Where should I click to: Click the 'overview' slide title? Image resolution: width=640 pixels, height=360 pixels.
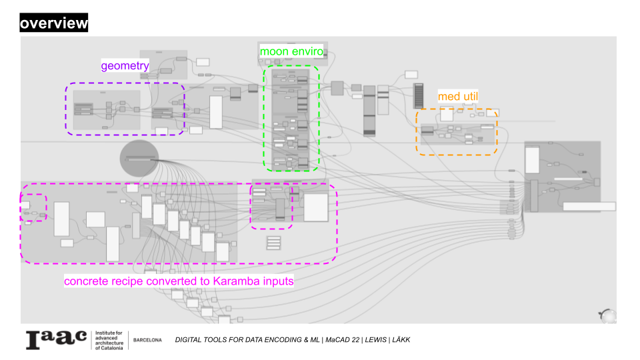tap(53, 24)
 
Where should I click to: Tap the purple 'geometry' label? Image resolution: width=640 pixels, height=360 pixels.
tap(125, 65)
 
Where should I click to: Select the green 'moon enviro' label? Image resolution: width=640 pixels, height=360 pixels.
tap(291, 51)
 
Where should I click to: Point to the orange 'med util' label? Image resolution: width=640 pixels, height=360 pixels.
tap(458, 97)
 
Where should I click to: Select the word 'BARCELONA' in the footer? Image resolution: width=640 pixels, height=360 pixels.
tap(147, 340)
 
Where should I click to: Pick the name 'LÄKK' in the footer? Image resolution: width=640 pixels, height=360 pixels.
tap(402, 340)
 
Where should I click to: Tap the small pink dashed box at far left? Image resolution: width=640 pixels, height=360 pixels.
tap(33, 207)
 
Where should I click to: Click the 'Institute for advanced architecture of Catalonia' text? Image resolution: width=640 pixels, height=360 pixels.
tap(109, 340)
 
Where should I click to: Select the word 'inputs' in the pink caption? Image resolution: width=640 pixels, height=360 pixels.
tap(277, 281)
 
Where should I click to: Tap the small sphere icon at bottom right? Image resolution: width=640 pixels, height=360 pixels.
tap(607, 315)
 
